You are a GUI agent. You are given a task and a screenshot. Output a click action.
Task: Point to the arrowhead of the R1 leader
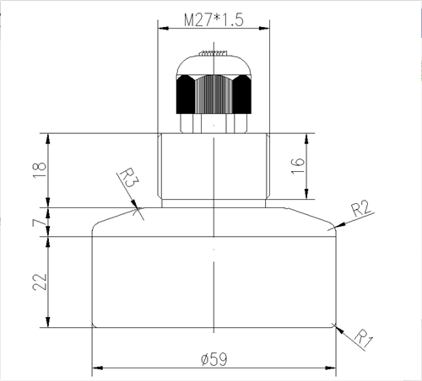pos(337,326)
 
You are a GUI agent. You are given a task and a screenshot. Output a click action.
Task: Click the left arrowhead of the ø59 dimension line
pos(95,368)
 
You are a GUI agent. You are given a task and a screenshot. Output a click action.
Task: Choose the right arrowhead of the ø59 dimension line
pos(333,368)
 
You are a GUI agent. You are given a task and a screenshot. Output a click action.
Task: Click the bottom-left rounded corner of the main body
pos(93,325)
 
